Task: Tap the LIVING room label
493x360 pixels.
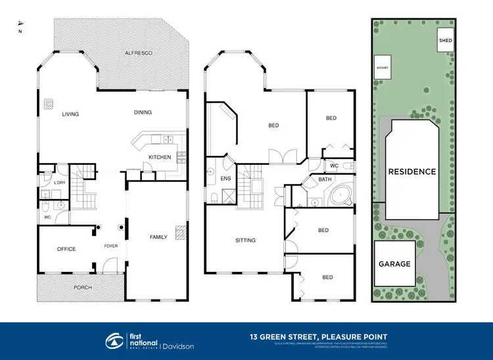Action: (70, 114)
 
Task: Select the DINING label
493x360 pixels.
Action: (143, 112)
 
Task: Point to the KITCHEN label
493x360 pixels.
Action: (160, 157)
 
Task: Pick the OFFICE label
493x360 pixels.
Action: (66, 249)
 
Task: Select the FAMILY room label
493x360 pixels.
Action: (158, 236)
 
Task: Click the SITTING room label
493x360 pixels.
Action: (245, 240)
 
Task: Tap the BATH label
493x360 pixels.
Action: (325, 179)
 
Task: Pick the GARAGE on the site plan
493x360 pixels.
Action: (394, 263)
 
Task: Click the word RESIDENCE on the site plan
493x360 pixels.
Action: (412, 171)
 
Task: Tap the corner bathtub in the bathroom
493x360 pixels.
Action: (340, 196)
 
